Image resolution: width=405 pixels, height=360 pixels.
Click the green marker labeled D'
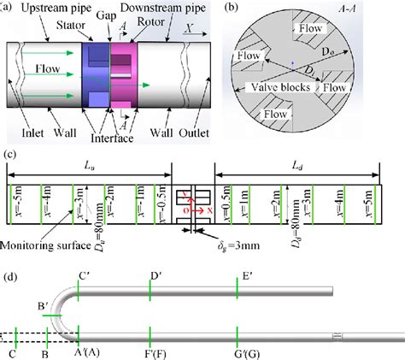pyautogui.click(x=150, y=288)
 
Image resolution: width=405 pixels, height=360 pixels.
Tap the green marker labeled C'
pyautogui.click(x=78, y=288)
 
